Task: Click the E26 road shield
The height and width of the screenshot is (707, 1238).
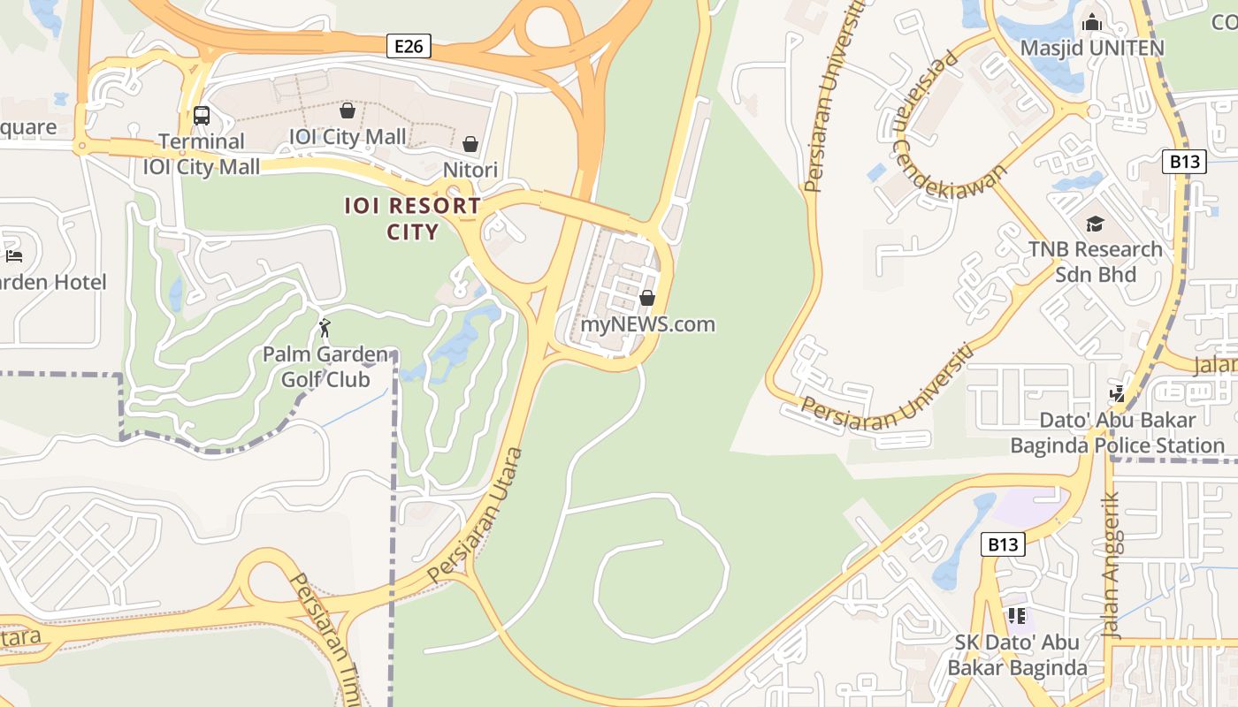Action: (409, 46)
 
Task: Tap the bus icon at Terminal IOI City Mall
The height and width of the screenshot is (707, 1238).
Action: (202, 115)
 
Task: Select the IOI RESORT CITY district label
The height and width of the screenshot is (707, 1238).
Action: (413, 219)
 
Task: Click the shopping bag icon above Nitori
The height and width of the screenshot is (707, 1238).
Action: (470, 143)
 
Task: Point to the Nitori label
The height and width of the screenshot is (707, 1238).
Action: (470, 170)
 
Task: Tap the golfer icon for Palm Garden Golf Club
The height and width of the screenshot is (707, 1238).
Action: (325, 329)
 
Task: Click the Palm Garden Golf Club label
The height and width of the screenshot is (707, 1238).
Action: (325, 368)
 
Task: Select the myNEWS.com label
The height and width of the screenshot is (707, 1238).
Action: (647, 324)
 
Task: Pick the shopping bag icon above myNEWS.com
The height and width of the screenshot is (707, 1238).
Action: (647, 298)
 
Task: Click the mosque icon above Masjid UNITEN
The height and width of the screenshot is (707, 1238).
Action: (1092, 22)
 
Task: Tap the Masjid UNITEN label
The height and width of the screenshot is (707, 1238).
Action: (1092, 48)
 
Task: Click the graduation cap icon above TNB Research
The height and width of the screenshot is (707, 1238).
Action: (1095, 224)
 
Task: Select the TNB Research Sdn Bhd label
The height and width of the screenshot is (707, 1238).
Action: (1095, 262)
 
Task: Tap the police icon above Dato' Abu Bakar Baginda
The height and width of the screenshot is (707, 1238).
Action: (1118, 393)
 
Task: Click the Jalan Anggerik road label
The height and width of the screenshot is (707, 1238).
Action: (1112, 566)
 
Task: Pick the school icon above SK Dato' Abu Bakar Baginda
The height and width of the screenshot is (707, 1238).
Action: (1017, 615)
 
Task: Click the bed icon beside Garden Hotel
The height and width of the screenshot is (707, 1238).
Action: (14, 256)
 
